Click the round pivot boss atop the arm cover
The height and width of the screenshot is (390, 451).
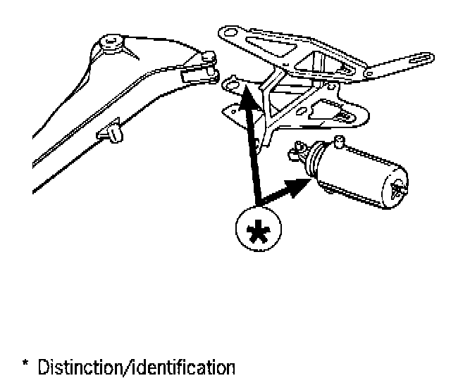pyautogui.click(x=112, y=44)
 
